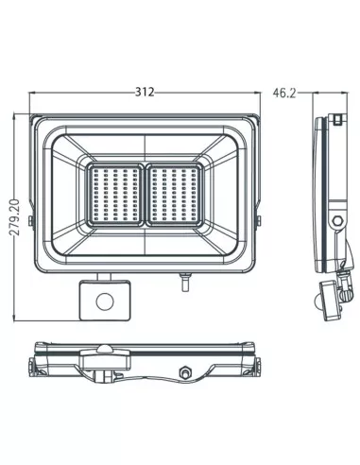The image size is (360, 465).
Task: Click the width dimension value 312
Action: click(x=145, y=92)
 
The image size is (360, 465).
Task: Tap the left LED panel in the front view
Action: click(x=118, y=194)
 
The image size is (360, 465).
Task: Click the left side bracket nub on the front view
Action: click(x=31, y=221)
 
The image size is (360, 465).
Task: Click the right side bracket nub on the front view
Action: click(x=261, y=221)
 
